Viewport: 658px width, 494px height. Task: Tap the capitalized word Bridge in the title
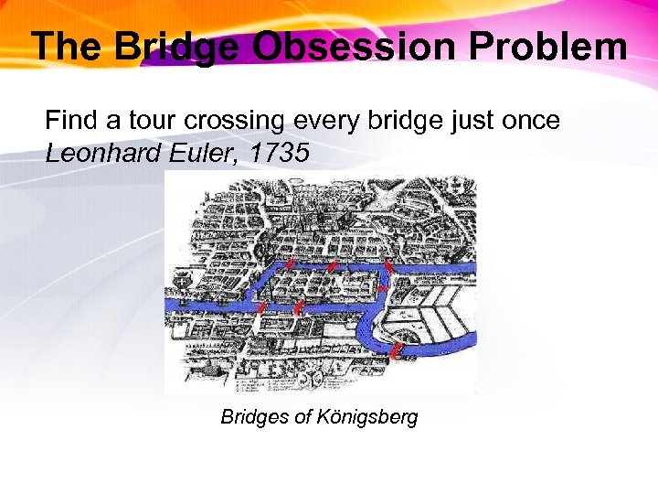point(182,46)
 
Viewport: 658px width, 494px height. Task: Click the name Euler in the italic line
point(196,153)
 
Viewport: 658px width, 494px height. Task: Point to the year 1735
point(279,153)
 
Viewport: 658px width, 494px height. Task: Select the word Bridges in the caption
point(253,417)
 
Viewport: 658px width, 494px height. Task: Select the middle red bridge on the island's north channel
point(335,266)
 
